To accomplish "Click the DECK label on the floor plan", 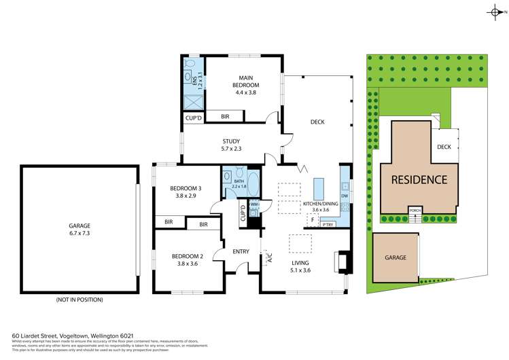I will coord(317,122).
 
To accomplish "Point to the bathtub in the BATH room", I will coord(253,184).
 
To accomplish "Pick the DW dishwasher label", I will coord(345,196).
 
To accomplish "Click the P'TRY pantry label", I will coord(328,223).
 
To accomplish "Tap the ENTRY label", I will coord(241,251).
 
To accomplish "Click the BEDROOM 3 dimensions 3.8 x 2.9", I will coord(186,196).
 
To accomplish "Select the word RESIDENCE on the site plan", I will coord(419,180).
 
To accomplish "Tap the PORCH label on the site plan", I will coord(415,210).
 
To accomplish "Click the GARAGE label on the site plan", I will coord(396,257).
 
